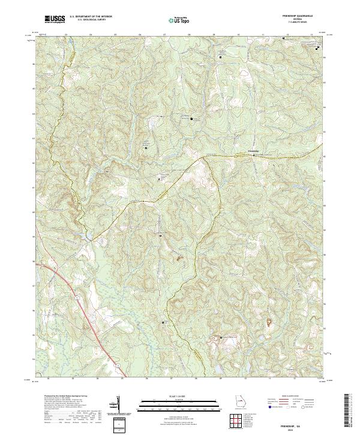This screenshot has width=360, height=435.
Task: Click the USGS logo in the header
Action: pos(55,20)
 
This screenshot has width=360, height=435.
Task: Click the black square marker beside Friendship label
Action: pos(253,155)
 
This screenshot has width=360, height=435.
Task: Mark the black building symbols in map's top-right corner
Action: pos(317,47)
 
